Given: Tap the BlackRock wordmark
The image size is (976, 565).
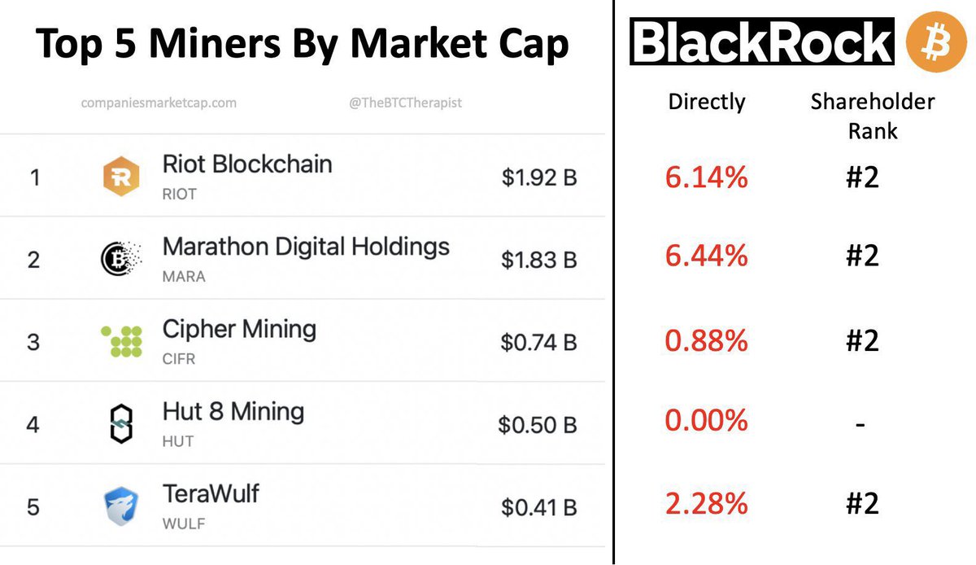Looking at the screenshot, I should point(762,42).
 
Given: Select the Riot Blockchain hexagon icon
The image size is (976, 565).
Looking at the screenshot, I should point(121,177).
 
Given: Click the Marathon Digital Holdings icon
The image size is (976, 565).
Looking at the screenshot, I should point(120,259).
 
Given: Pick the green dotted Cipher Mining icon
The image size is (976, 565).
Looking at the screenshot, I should point(121,342).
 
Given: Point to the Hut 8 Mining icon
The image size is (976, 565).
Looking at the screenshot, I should point(120,423).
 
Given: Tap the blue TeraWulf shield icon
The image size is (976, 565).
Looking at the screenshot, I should point(121,506).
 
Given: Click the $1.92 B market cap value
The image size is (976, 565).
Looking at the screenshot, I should point(539,177).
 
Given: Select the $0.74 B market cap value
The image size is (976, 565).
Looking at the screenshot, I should point(538,342).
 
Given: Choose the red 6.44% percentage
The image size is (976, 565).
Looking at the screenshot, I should point(706,257).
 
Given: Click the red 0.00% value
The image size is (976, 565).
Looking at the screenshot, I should point(706,421).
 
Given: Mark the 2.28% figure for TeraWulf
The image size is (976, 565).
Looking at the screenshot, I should point(706,504).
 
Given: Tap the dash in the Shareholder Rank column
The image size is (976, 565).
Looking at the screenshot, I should point(861,424).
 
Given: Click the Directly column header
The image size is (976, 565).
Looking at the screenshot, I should point(706,102).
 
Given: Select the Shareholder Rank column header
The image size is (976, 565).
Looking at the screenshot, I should point(873,116).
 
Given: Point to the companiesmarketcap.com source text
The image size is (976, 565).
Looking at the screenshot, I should point(159,103).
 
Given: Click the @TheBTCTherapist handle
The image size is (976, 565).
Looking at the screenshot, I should point(406,103).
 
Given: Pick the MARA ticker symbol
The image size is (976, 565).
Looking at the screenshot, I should point(184,277).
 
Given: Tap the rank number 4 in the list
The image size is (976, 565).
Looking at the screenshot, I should point(33,424).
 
